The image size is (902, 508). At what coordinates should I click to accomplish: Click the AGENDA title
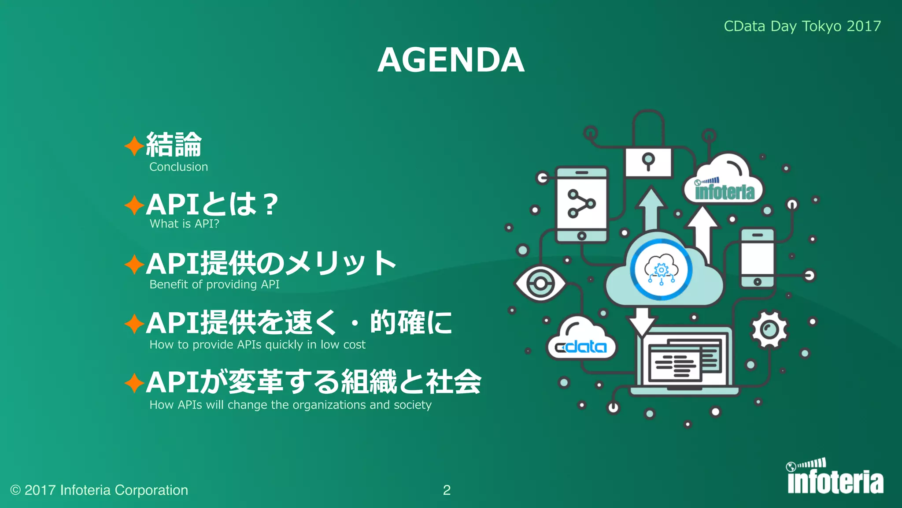point(451,60)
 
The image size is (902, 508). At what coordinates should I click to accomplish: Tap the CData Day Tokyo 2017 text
point(802,26)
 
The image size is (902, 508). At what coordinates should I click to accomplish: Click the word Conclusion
point(178,167)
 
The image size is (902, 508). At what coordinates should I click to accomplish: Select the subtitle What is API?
point(184,224)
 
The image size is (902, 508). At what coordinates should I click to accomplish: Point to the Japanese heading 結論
point(174,145)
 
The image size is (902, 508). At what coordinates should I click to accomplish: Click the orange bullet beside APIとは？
point(134,205)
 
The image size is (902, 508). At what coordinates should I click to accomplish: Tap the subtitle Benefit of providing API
point(214,284)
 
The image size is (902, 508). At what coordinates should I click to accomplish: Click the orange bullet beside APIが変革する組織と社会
point(134,383)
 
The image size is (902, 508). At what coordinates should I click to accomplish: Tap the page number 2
point(447,490)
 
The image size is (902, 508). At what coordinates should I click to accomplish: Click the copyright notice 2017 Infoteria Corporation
point(99,490)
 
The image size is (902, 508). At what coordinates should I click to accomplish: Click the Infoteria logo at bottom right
point(835,478)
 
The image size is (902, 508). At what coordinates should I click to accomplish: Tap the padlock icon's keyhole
point(648,161)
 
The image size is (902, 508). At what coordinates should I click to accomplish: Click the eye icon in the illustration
point(540,284)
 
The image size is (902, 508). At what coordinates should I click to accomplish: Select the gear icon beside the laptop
point(769,329)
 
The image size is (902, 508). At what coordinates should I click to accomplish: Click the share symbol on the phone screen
point(581,204)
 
